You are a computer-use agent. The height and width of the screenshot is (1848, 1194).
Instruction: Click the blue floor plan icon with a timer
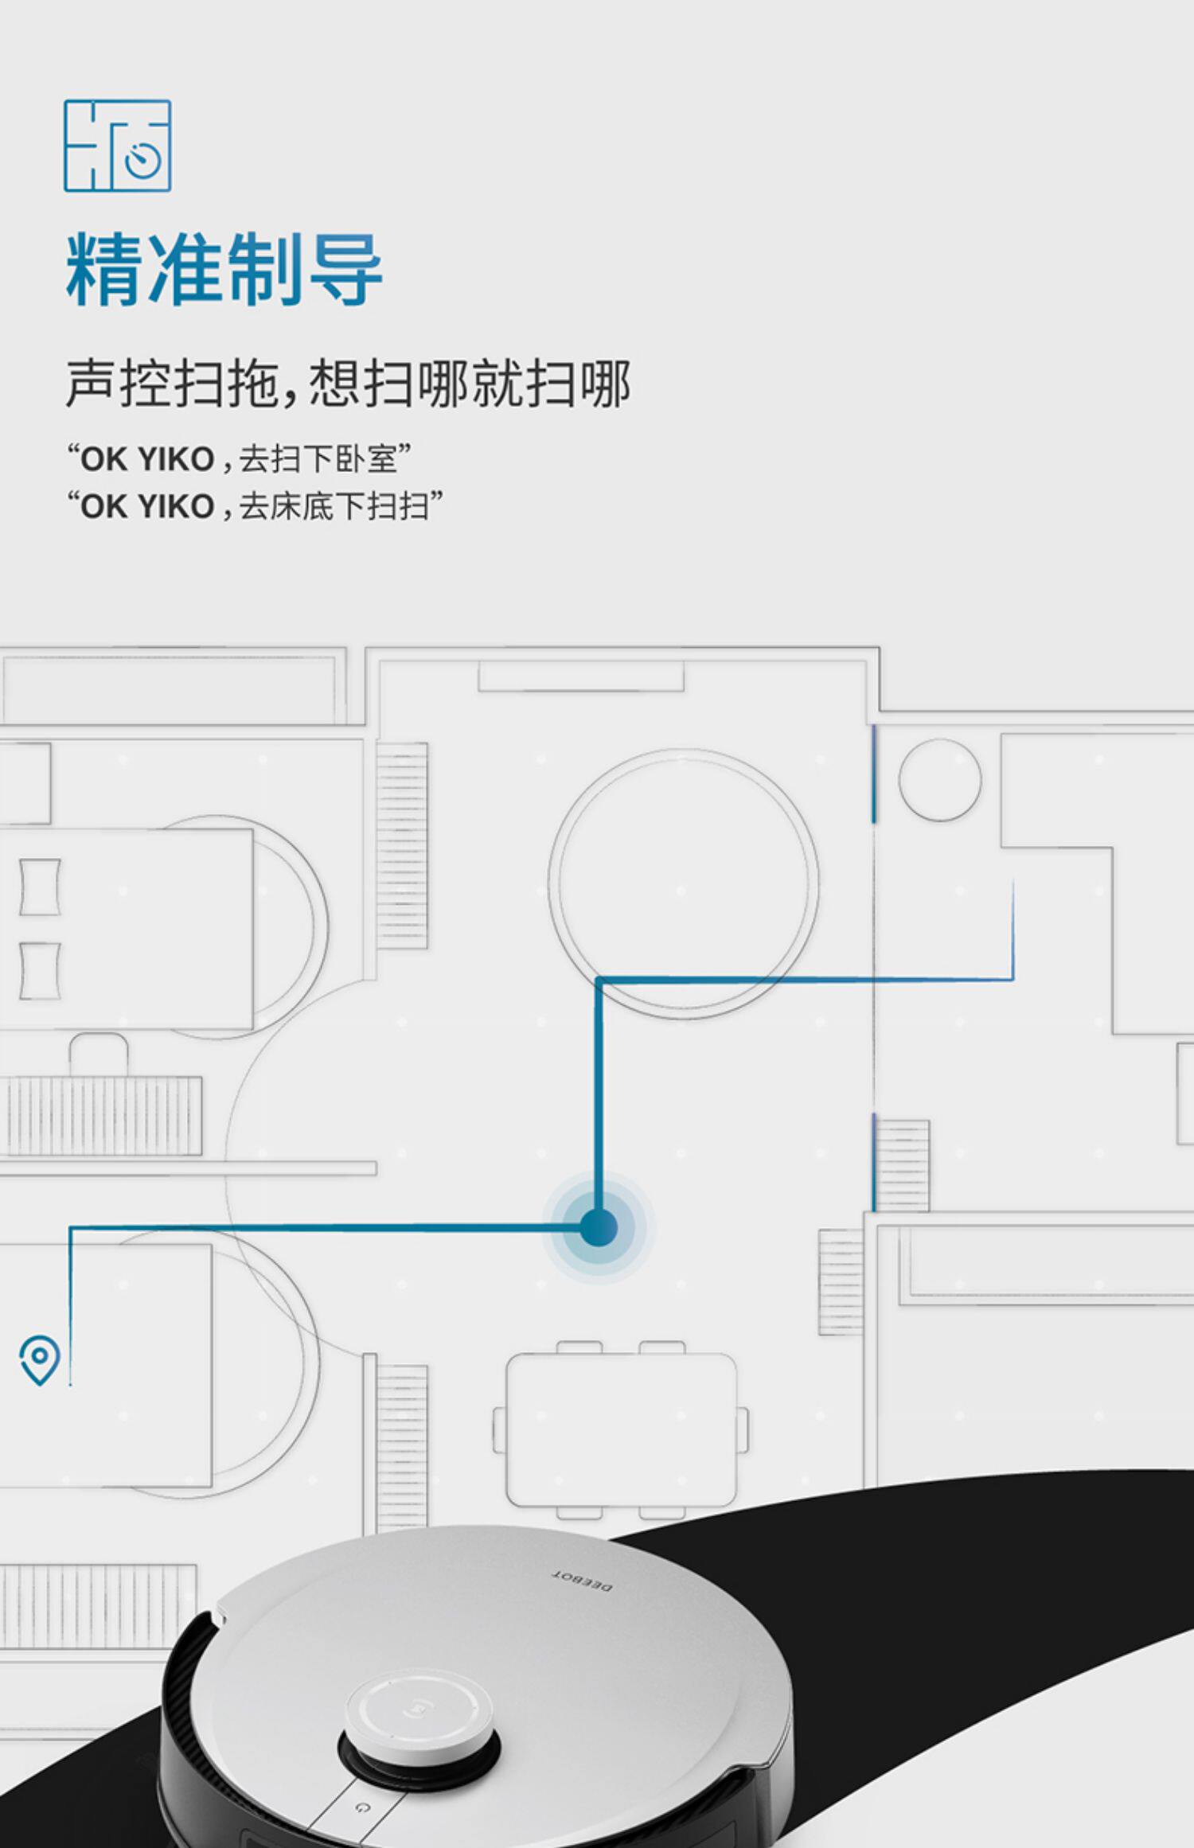click(x=117, y=146)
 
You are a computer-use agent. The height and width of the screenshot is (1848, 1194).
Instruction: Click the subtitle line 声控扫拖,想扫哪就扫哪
click(x=348, y=384)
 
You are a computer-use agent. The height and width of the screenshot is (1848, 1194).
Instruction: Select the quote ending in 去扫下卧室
click(x=239, y=458)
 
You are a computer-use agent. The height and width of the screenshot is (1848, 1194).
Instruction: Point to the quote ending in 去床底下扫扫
click(x=255, y=506)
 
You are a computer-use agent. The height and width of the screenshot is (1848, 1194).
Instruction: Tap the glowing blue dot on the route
click(x=599, y=1226)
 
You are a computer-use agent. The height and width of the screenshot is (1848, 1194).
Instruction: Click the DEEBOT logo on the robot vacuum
click(x=583, y=1581)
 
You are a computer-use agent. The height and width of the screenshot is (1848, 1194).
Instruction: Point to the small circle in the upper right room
click(x=939, y=779)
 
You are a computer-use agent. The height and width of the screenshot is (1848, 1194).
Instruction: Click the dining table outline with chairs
click(x=620, y=1429)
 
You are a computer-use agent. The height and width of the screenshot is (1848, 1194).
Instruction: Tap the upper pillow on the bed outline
click(x=40, y=886)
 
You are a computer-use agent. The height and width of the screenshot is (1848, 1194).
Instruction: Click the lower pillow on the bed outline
click(x=40, y=970)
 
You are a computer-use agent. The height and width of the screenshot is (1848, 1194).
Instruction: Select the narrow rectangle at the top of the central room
click(x=580, y=676)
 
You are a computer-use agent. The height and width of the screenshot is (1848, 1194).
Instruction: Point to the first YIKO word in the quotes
click(x=176, y=459)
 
